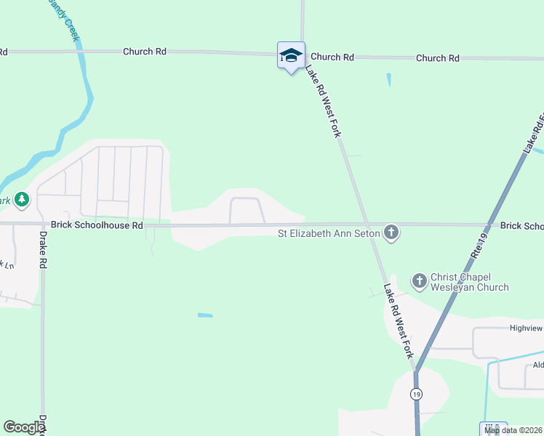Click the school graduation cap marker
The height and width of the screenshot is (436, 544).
291,55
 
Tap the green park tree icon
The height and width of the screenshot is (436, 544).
21,198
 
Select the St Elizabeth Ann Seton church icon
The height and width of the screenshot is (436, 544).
391,233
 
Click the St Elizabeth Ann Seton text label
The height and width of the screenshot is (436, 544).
329,234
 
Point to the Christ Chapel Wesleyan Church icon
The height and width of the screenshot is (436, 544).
419,280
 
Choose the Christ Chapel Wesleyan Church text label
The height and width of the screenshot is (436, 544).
469,282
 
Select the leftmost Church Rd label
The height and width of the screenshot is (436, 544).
145,52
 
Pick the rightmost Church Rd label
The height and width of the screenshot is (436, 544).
438,58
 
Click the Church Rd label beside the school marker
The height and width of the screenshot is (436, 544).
332,57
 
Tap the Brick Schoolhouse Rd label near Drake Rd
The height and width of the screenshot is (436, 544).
97,226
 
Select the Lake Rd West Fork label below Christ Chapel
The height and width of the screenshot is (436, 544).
399,321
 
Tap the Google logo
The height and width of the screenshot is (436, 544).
24,427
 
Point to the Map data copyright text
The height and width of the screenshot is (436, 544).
513,430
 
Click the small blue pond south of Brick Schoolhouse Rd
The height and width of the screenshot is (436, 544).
205,315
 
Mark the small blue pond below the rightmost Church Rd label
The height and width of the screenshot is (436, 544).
389,80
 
